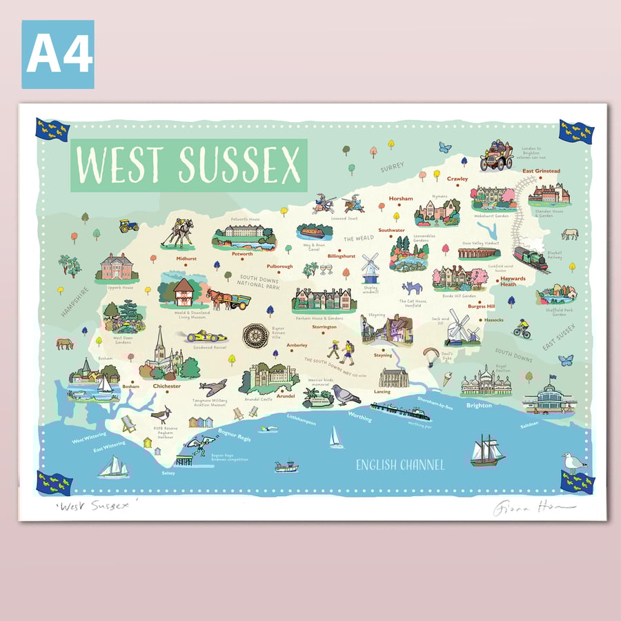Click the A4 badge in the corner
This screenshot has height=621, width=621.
click(x=58, y=55)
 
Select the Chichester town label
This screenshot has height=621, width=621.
click(x=167, y=386)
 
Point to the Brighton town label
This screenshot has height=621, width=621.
click(x=479, y=405)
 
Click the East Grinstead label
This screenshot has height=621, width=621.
click(x=541, y=171)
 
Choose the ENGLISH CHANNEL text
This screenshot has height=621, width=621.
click(x=400, y=464)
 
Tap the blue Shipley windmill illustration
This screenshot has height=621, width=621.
click(x=371, y=266)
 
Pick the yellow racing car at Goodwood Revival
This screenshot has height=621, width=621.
click(x=206, y=337)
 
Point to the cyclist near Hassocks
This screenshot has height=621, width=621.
click(x=522, y=328)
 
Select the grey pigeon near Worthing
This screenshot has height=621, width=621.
click(x=346, y=394)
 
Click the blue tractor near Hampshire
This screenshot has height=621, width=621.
click(x=128, y=226)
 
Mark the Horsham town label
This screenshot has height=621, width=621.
click(x=400, y=199)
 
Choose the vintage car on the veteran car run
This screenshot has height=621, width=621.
click(x=494, y=156)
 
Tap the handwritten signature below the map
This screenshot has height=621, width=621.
click(x=524, y=508)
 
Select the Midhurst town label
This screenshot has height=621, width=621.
click(x=186, y=259)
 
